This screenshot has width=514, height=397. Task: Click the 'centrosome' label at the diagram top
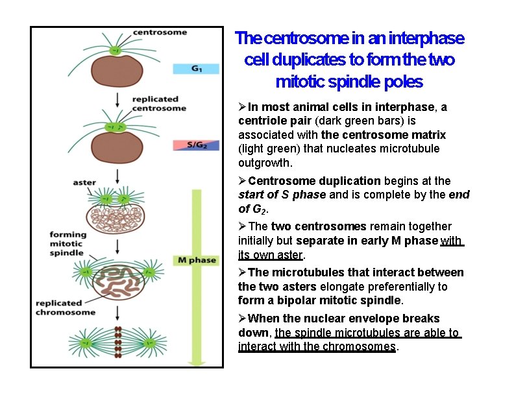pos(160,32)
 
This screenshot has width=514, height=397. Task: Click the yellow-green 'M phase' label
pos(195,260)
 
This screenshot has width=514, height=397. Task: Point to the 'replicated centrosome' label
pos(158,104)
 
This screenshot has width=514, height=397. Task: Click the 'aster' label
pos(84,182)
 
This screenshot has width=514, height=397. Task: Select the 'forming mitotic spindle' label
pos(68,243)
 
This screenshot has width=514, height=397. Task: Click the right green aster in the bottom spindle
pos(150,342)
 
